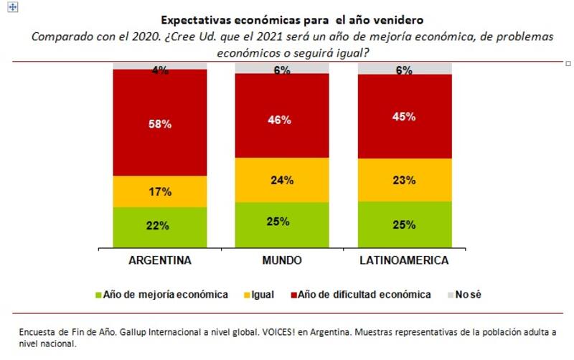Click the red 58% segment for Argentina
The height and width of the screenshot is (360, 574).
[160, 123]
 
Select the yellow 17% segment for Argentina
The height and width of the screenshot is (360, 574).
[160, 191]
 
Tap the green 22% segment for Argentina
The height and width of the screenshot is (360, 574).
[160, 226]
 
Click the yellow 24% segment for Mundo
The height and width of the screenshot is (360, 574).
[282, 180]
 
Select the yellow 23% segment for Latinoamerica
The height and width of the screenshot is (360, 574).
[405, 179]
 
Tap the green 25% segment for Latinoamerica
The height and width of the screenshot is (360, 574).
[405, 224]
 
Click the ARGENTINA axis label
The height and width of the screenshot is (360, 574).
[160, 260]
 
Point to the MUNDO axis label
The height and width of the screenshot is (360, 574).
[282, 260]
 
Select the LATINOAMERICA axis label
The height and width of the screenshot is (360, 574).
[405, 260]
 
